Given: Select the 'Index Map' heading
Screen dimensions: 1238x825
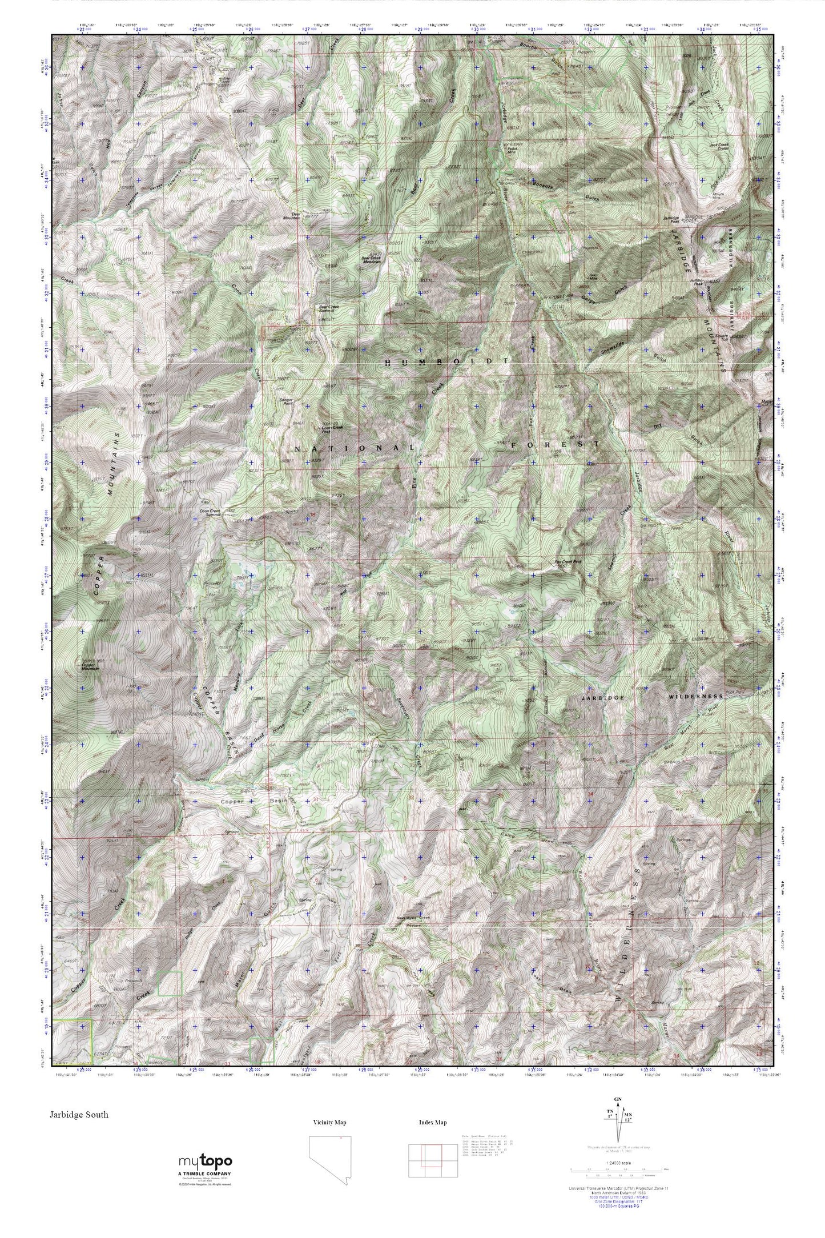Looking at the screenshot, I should tap(433, 1122).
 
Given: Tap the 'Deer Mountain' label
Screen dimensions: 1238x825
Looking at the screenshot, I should tap(296, 219).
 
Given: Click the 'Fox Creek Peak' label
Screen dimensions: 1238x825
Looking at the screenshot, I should tap(568, 561).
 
